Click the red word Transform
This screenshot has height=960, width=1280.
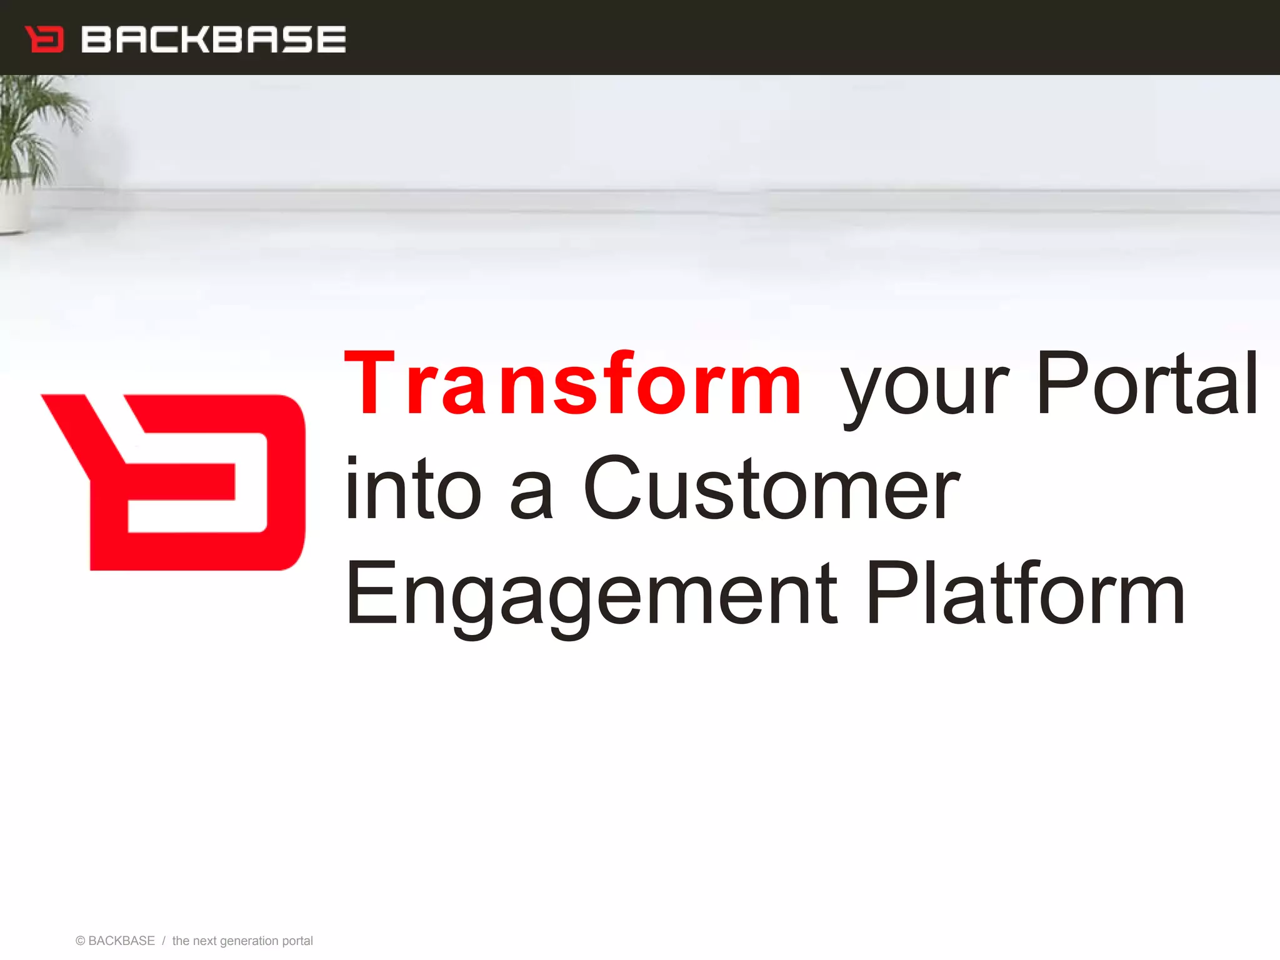[572, 384]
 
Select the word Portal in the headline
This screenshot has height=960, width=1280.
[1147, 384]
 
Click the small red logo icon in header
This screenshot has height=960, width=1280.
[44, 39]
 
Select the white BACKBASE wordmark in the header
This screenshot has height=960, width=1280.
[213, 39]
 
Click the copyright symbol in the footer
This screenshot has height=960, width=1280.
[80, 941]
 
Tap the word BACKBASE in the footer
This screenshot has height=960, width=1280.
[122, 941]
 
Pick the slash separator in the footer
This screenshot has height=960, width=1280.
[164, 941]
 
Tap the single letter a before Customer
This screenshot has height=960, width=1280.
[532, 497]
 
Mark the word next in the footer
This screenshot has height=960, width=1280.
[204, 941]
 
